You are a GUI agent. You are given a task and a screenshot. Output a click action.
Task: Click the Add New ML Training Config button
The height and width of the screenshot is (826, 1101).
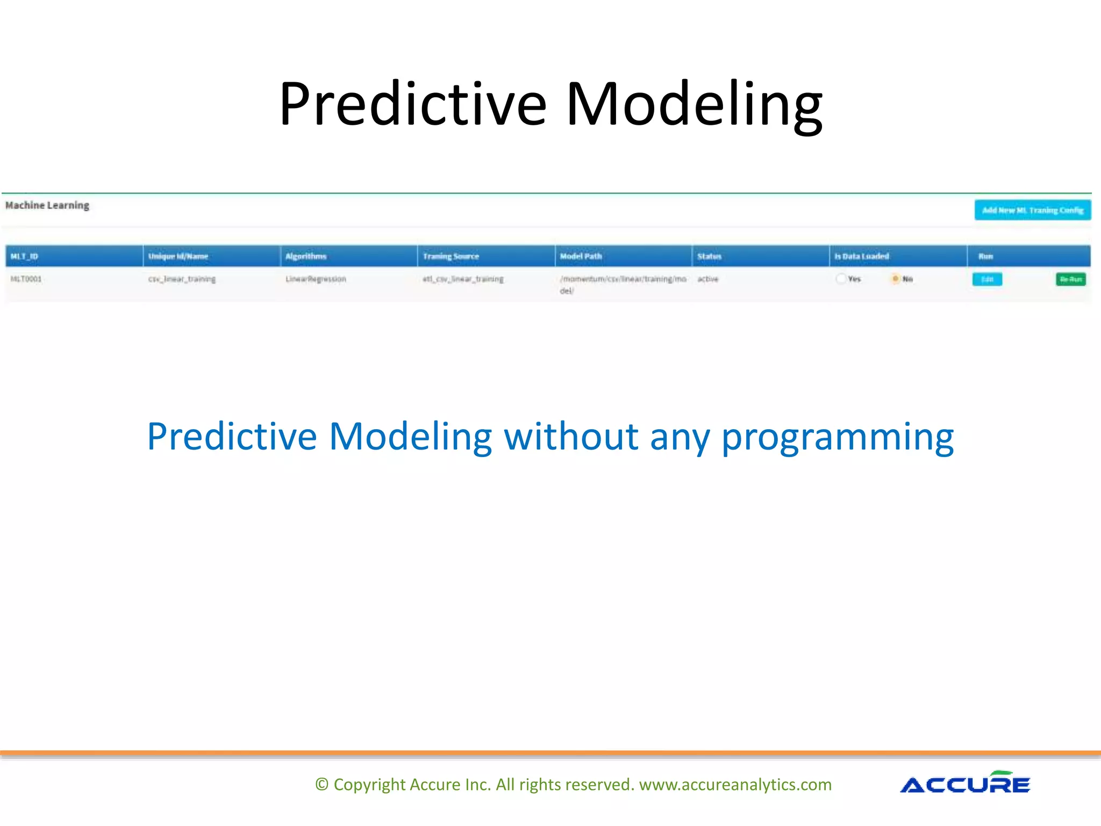tap(1032, 210)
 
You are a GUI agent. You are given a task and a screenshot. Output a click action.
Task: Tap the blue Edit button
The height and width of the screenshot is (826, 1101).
tap(987, 279)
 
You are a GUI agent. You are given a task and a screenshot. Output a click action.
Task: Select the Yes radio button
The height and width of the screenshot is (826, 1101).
tap(841, 279)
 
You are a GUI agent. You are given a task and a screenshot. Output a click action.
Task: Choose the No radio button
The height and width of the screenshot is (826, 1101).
tap(896, 279)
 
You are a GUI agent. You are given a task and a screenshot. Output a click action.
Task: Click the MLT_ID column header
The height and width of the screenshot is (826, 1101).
tap(25, 257)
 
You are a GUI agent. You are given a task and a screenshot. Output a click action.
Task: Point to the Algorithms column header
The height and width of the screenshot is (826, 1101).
tap(306, 257)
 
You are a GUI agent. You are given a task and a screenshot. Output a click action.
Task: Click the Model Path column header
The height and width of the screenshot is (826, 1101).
tap(581, 257)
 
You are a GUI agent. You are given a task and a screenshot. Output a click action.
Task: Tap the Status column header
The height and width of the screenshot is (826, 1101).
tap(709, 257)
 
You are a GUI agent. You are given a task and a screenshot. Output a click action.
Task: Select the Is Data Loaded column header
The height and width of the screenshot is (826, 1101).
tap(861, 257)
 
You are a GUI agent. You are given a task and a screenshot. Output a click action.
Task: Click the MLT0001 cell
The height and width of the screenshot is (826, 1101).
tap(26, 279)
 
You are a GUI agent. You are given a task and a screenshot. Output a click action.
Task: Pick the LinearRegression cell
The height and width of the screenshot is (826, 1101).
tap(316, 279)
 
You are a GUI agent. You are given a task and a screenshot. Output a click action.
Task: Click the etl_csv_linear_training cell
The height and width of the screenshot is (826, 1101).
tap(463, 279)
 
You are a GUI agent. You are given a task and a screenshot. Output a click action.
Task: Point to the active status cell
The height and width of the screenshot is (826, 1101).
tap(707, 279)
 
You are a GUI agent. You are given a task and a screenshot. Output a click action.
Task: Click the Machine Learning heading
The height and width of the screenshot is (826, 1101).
tap(47, 205)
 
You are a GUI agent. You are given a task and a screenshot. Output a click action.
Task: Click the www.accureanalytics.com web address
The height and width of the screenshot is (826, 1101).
tap(735, 785)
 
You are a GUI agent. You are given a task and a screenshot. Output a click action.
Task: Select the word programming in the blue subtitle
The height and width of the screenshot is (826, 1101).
tap(837, 437)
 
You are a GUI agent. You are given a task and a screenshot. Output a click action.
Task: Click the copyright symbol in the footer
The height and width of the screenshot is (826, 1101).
tap(321, 785)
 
